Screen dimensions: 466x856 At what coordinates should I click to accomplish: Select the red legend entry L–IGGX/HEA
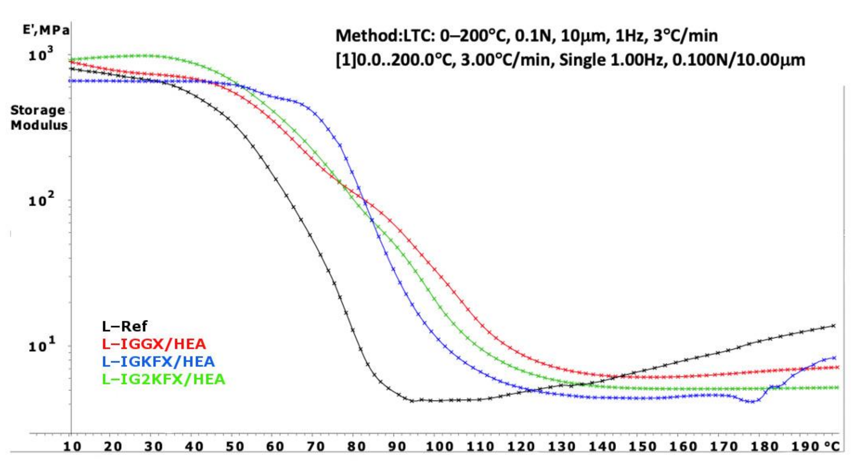154,344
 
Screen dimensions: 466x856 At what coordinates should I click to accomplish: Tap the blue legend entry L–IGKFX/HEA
158,361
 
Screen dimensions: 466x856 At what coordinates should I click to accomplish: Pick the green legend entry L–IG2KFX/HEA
163,379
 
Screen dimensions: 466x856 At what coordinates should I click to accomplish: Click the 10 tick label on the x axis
72,446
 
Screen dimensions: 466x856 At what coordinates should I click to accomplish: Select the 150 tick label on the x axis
642,446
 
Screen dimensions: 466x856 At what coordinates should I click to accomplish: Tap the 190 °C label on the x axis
815,446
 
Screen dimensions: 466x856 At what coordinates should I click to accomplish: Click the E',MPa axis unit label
46,30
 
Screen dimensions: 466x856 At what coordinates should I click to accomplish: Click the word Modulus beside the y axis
39,125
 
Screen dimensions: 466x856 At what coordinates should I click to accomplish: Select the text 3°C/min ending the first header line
685,36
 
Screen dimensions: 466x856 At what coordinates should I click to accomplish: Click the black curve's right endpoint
833,326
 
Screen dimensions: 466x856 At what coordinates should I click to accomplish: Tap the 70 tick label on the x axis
315,446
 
